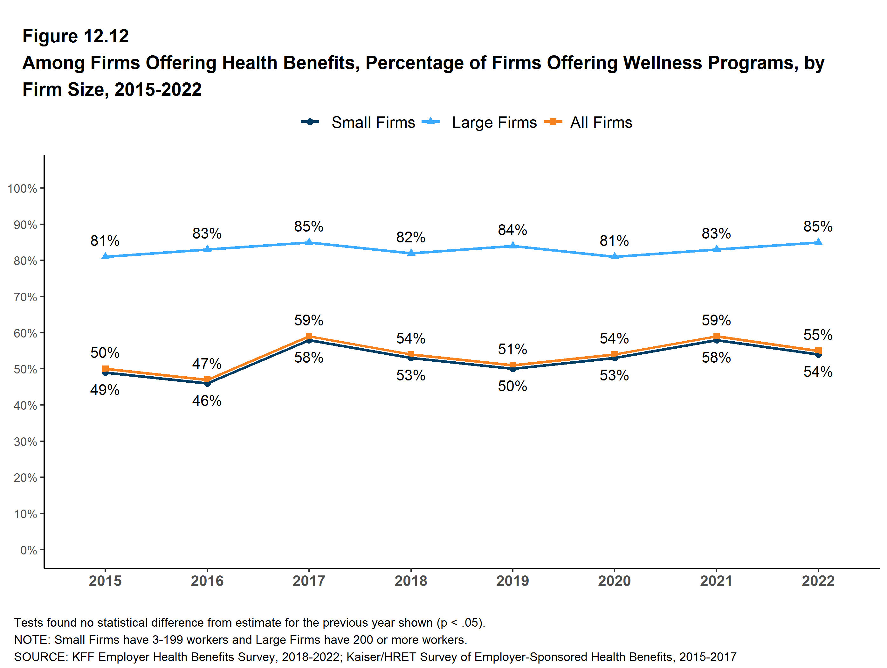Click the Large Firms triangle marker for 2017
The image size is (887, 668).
point(309,242)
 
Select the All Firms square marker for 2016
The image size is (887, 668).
point(207,379)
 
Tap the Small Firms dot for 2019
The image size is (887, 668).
point(512,369)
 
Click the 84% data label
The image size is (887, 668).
point(512,230)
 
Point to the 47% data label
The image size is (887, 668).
point(207,364)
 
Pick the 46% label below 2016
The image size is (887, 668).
point(207,400)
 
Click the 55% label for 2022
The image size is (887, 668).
point(818,335)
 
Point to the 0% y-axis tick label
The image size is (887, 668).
point(29,550)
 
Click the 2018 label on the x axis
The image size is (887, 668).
point(411,581)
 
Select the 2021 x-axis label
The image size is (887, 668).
point(716,581)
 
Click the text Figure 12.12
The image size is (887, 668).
point(75,36)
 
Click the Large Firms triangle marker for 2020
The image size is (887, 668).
point(614,256)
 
